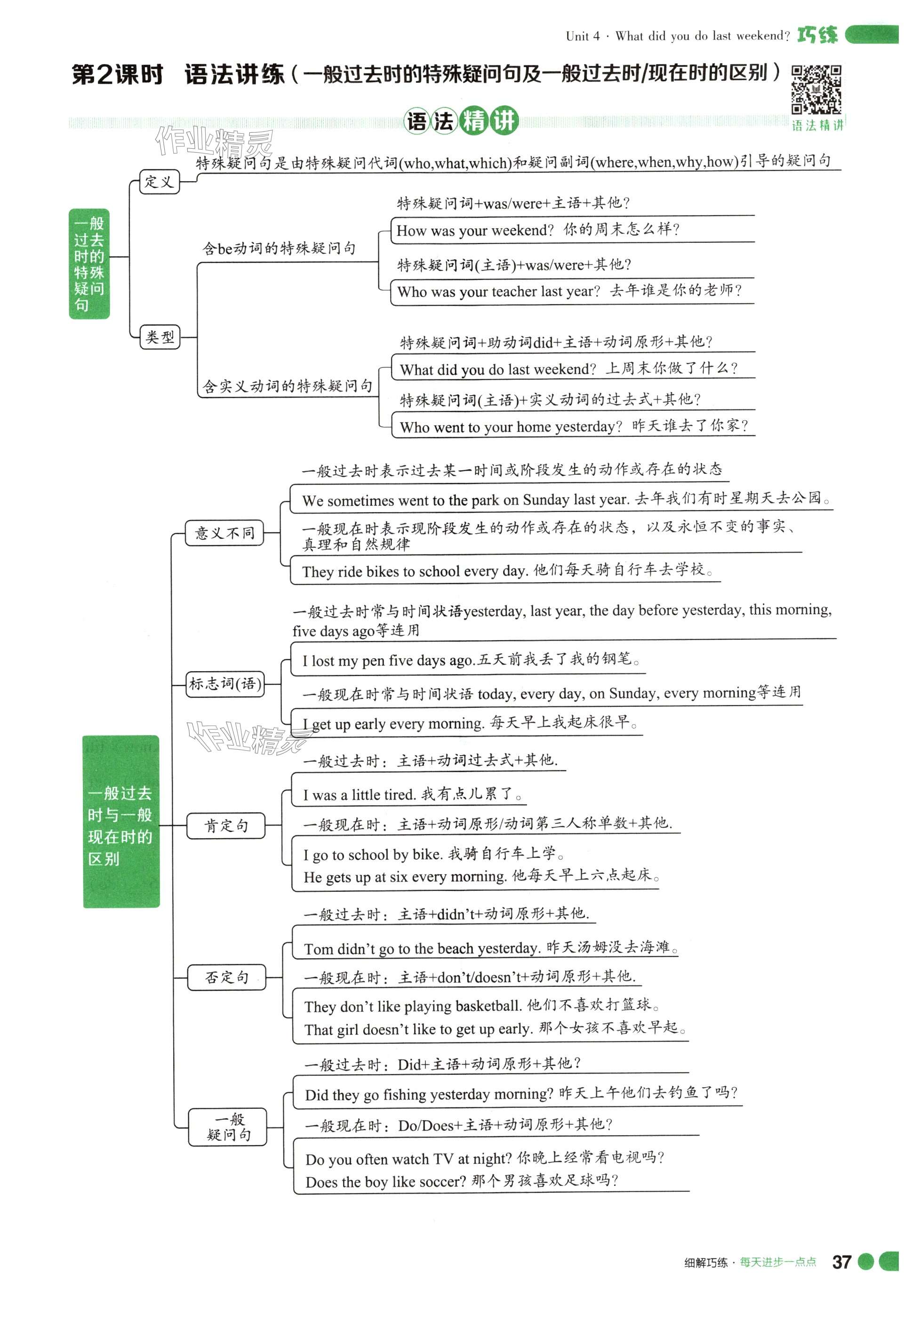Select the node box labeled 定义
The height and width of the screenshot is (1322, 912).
[x=160, y=182]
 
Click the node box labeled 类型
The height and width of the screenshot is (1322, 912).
[x=160, y=337]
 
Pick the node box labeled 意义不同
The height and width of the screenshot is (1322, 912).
[x=224, y=533]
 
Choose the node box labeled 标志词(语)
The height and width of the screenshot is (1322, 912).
[x=225, y=684]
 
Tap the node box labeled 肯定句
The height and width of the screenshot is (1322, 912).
[x=226, y=825]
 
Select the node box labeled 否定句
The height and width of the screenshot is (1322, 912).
[x=227, y=977]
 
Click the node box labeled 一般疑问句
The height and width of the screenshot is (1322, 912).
[x=228, y=1127]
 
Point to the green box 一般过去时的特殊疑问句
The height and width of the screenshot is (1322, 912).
[x=89, y=264]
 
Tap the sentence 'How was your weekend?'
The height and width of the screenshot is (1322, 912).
[x=475, y=230]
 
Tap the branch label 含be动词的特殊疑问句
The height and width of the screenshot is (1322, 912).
[x=280, y=248]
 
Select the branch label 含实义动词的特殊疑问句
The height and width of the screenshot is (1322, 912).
[x=288, y=387]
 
